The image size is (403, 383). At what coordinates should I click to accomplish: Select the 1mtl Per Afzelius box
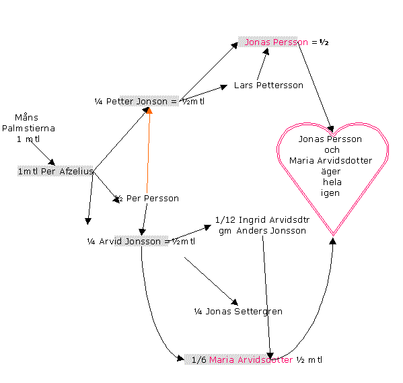[55, 171]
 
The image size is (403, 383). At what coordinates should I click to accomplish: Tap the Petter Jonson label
[137, 102]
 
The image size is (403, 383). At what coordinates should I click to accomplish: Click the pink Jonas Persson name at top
[276, 42]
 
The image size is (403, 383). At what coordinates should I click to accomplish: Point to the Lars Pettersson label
[268, 85]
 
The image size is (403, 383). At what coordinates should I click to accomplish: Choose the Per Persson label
[153, 199]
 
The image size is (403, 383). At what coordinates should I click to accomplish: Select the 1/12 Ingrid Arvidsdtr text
[262, 220]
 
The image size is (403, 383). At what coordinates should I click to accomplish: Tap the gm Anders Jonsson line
[262, 231]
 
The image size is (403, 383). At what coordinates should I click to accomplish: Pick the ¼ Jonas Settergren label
[238, 312]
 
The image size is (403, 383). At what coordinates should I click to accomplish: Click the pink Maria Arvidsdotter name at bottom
[251, 360]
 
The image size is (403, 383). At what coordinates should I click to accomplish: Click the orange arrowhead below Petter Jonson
[149, 110]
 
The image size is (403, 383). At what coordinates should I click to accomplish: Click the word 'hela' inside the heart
[332, 182]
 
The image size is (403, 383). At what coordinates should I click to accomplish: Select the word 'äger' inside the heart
[331, 172]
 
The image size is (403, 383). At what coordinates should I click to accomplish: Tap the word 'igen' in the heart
[330, 193]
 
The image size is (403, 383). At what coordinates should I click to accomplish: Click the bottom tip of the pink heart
[333, 235]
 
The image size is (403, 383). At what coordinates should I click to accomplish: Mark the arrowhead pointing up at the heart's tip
[333, 241]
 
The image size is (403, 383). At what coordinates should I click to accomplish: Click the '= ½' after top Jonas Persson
[320, 42]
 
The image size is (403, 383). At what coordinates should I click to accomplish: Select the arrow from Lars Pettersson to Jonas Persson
[262, 64]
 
